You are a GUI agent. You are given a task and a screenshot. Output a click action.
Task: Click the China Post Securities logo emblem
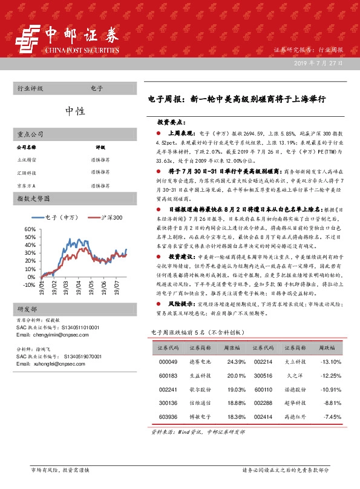pyautogui.click(x=28, y=41)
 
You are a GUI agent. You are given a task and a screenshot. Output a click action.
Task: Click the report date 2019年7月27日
pyautogui.click(x=319, y=63)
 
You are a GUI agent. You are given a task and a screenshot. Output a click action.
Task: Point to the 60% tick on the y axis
pyautogui.click(x=30, y=230)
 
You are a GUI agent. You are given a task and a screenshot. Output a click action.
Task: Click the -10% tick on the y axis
pyautogui.click(x=28, y=284)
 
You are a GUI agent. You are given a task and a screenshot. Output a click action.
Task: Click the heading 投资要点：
pyautogui.click(x=171, y=121)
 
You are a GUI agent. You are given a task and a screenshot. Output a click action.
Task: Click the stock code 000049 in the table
pyautogui.click(x=168, y=362)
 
